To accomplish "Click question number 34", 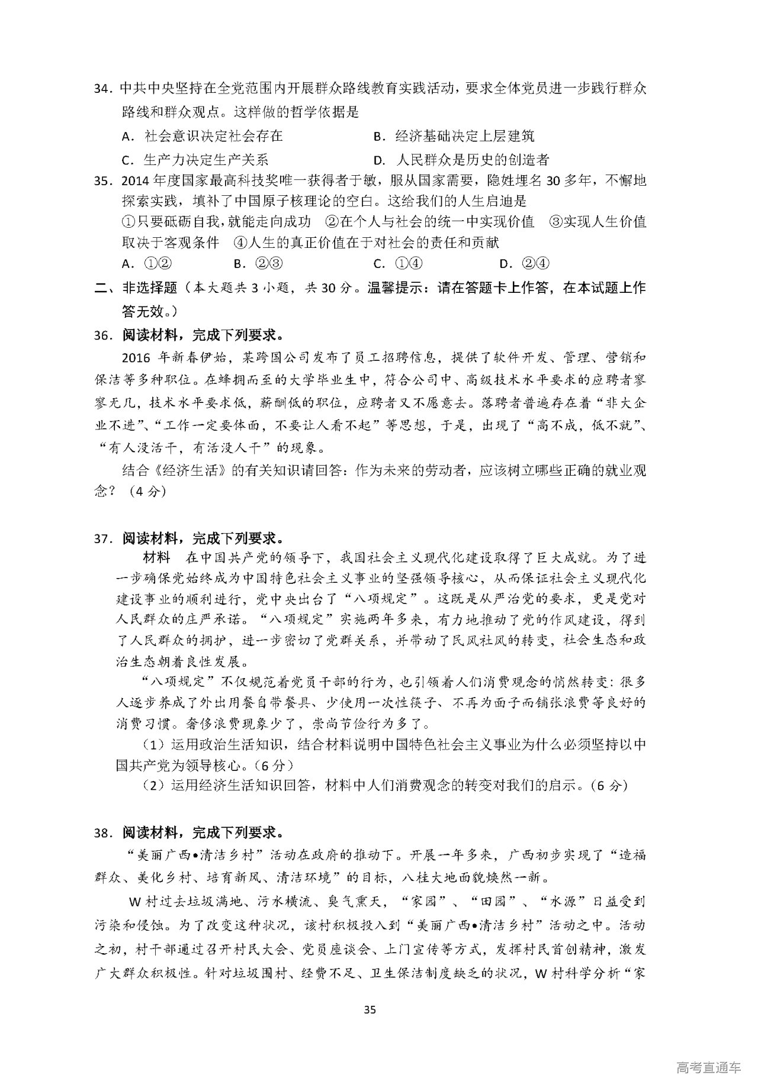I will point(104,89).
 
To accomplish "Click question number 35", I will point(104,181).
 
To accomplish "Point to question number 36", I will point(104,335).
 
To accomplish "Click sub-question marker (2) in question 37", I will point(153,786).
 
